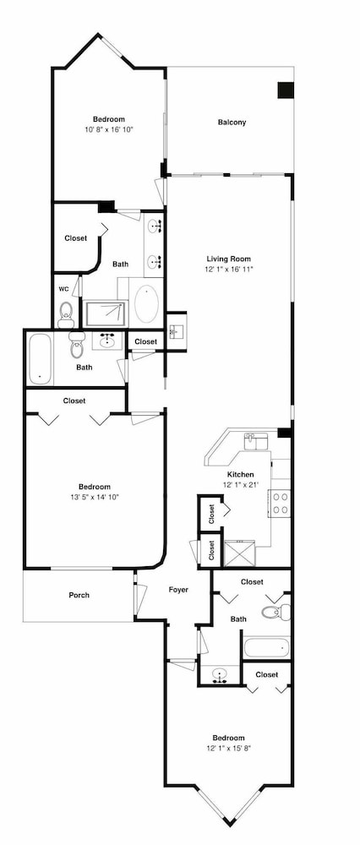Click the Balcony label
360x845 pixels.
232,123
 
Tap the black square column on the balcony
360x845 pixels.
286,90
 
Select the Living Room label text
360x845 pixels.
229,259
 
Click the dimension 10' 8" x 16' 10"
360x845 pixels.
108,129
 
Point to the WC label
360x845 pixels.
63,289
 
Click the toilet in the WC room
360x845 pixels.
66,315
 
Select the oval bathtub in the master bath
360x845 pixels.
145,303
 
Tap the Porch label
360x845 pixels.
79,595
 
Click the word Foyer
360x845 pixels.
178,590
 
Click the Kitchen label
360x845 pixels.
240,474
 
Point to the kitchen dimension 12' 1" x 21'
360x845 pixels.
240,484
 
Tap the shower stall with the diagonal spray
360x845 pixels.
106,313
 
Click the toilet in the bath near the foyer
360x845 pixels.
276,612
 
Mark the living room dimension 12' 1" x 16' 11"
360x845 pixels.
229,269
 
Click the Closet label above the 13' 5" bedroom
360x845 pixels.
74,401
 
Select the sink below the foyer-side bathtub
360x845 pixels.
220,673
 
